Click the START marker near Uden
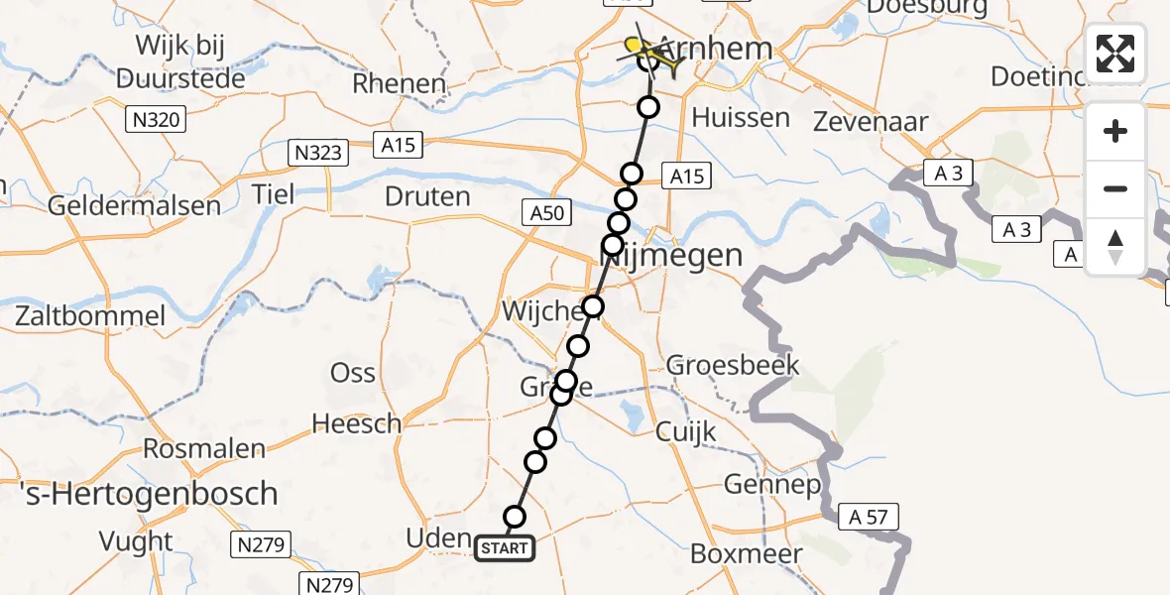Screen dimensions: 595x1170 tap(505, 547)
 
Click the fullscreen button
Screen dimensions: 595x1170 tap(1115, 53)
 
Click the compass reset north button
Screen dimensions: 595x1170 tap(1115, 247)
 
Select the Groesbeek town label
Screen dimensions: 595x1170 tap(733, 365)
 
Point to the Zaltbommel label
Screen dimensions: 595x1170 tap(90, 316)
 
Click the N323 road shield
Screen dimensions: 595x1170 tap(319, 153)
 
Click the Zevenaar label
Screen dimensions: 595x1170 tap(871, 122)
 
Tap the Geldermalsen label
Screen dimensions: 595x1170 tap(135, 206)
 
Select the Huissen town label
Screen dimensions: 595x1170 tap(741, 117)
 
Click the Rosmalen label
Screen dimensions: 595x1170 tap(204, 448)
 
